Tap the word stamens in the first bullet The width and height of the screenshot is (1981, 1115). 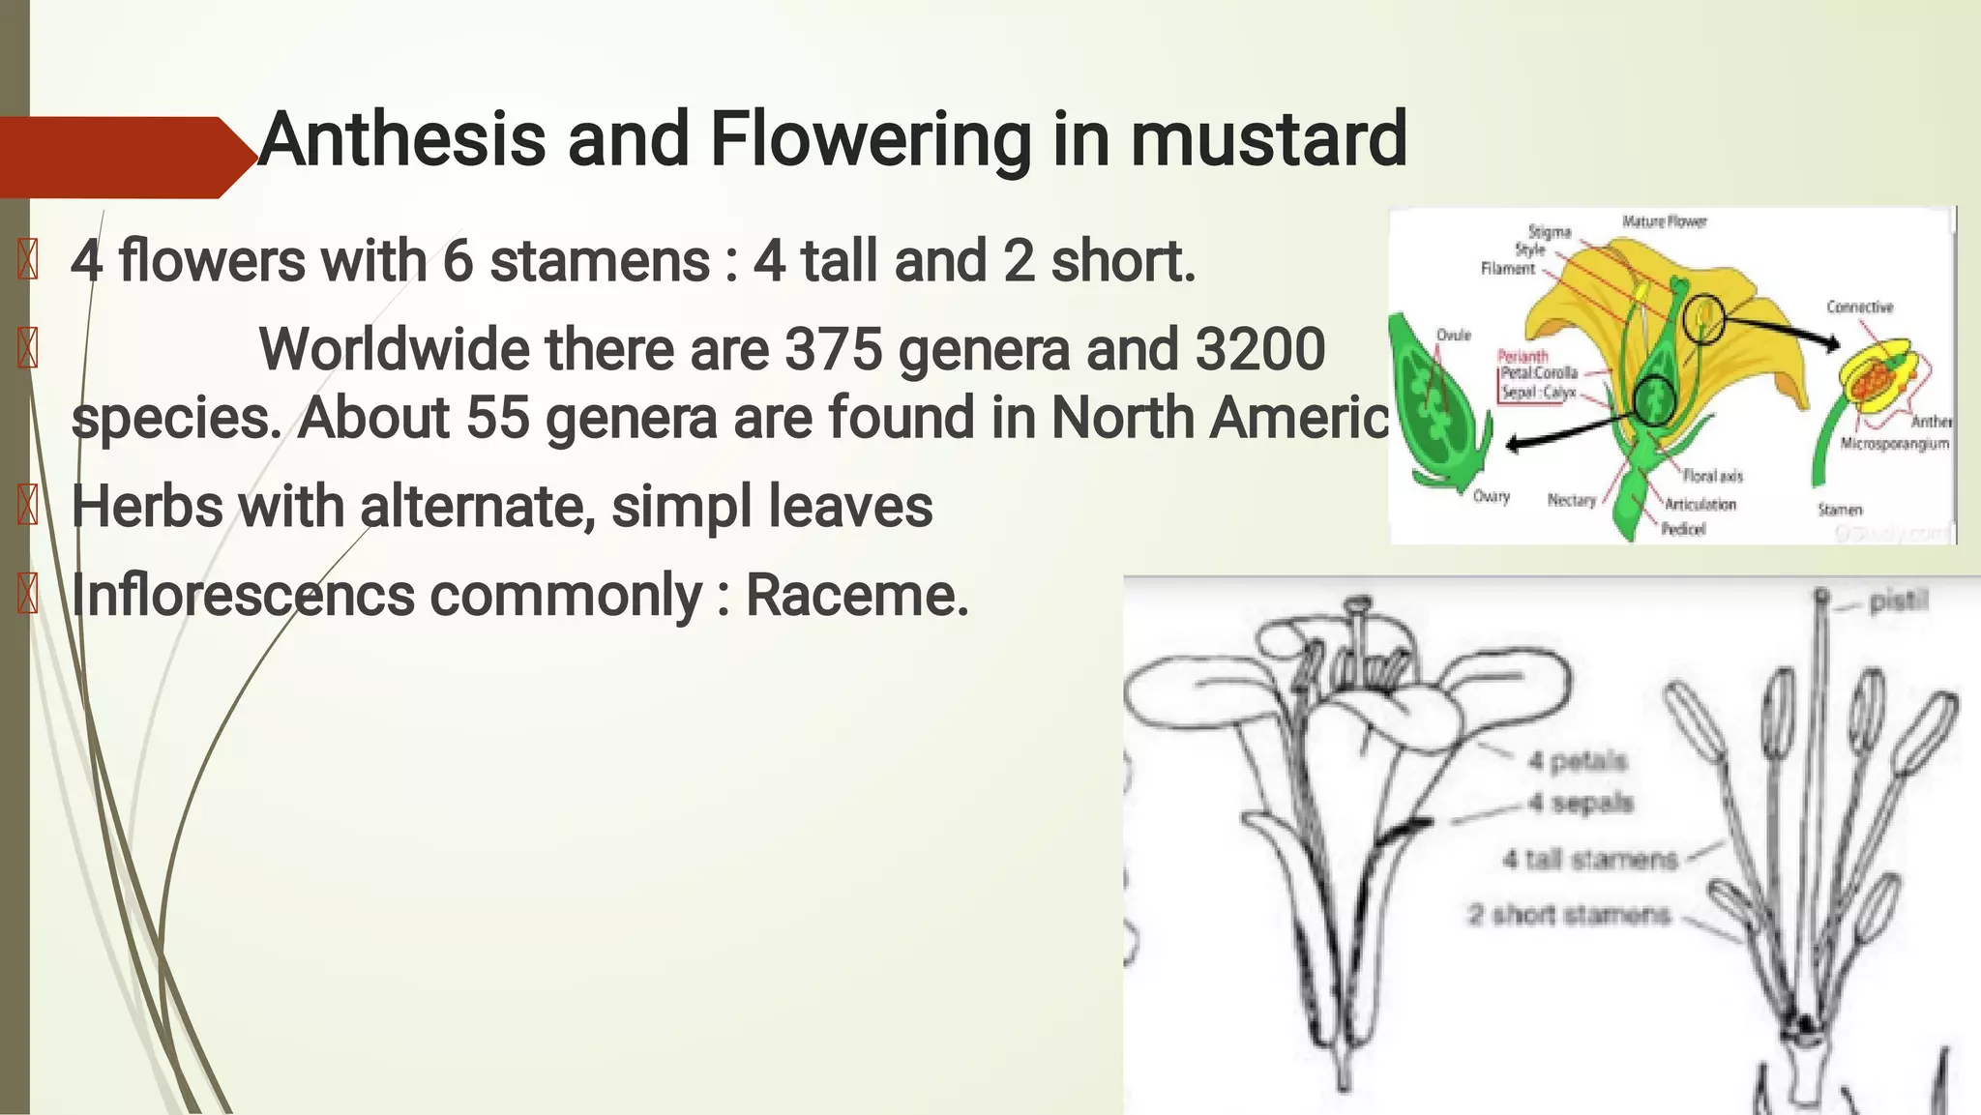(600, 261)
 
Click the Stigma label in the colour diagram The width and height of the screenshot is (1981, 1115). (1550, 232)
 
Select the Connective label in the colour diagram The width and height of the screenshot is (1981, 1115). (1859, 308)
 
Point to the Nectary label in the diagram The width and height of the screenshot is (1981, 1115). (1571, 500)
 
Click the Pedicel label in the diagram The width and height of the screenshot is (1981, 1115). (1683, 529)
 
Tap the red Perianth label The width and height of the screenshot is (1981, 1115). (1523, 356)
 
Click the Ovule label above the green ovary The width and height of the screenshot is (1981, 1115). (1453, 335)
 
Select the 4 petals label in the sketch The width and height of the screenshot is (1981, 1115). (1578, 762)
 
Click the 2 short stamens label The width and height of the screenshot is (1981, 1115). (1568, 915)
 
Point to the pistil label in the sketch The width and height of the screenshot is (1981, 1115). (1898, 602)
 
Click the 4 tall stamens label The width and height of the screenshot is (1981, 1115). (1589, 859)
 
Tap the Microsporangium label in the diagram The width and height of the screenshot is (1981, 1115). (1894, 444)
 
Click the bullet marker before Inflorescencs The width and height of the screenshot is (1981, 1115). (28, 594)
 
